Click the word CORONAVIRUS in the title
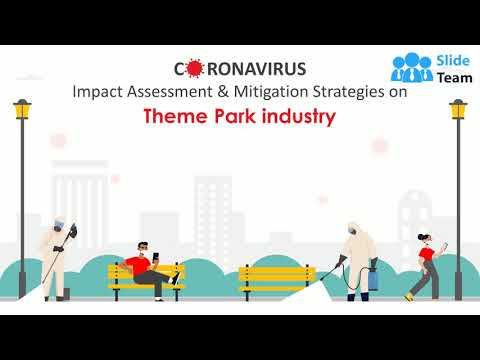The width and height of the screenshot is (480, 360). pos(240,69)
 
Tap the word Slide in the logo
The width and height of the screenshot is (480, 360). pos(449,58)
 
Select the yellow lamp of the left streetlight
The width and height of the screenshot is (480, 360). pos(22,109)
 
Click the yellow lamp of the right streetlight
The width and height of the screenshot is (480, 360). pos(458,109)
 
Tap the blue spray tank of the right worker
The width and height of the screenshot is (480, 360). pos(373,277)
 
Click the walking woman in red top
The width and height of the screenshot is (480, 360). pos(424,266)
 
